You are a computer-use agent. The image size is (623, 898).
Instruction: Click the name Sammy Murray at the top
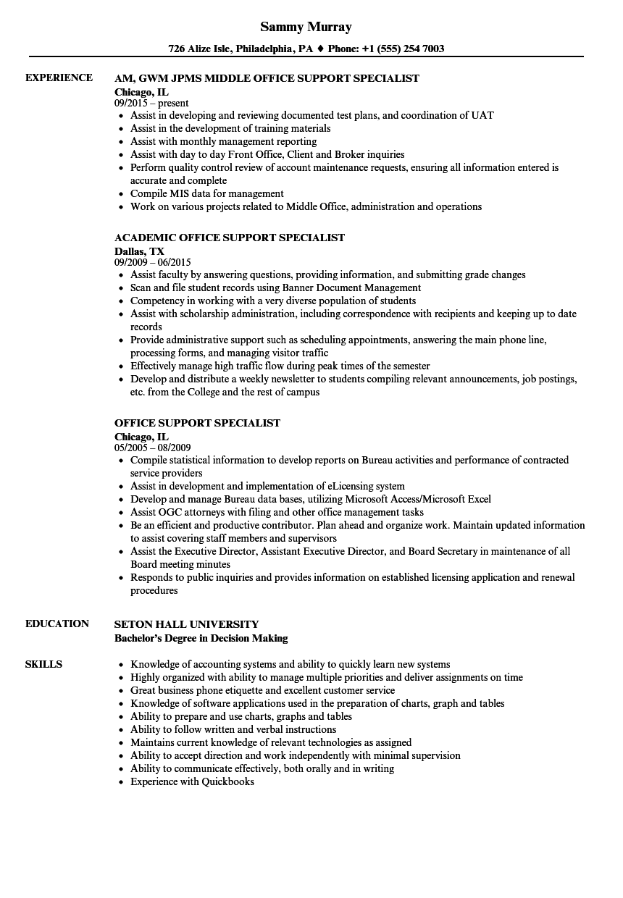click(x=306, y=27)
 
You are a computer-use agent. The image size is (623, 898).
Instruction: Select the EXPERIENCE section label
click(x=59, y=78)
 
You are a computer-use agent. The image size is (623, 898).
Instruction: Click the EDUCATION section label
click(x=57, y=624)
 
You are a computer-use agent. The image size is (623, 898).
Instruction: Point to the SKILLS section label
click(x=43, y=665)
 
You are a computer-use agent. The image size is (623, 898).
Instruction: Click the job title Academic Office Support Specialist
click(x=230, y=238)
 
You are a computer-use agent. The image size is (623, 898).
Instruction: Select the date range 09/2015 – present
click(x=151, y=103)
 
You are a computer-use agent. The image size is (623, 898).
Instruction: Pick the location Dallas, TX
click(x=139, y=251)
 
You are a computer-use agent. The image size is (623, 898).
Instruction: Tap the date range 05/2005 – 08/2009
click(x=153, y=448)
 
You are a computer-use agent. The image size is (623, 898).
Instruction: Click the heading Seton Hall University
click(x=186, y=624)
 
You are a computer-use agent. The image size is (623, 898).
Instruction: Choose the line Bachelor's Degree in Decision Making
click(x=201, y=638)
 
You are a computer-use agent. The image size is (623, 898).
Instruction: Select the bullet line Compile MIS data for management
click(x=206, y=193)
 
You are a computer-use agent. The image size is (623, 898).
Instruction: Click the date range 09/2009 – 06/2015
click(x=153, y=262)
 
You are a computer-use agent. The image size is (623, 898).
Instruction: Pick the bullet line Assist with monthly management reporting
click(x=223, y=141)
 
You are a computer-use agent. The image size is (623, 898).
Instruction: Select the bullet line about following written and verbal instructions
click(x=233, y=729)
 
